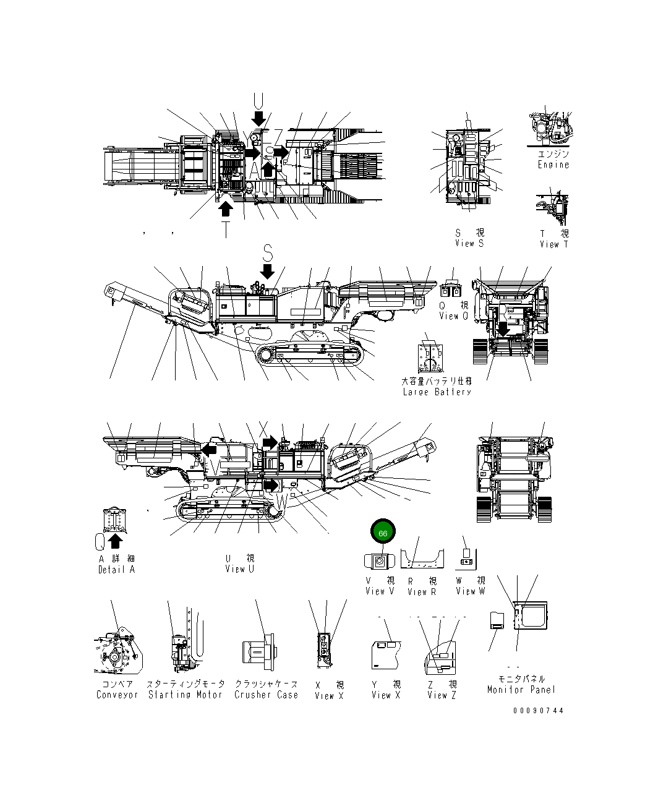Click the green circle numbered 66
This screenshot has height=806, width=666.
[382, 532]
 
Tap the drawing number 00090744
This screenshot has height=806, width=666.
[538, 710]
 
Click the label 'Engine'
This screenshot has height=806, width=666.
[553, 165]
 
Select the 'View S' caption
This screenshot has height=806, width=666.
[469, 244]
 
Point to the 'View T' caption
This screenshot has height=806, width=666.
[553, 244]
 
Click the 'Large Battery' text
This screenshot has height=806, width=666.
[437, 392]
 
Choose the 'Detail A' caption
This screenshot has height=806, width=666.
[116, 570]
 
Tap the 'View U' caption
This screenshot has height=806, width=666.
[239, 569]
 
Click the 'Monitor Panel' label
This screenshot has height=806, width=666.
[521, 690]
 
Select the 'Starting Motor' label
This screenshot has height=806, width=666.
[185, 695]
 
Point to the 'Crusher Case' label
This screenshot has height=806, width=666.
[266, 695]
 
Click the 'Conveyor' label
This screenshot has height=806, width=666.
[117, 695]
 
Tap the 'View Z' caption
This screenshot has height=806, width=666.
[442, 695]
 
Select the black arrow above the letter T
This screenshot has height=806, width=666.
[226, 209]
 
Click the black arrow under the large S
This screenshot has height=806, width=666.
[267, 271]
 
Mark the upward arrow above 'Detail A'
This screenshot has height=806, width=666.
[115, 541]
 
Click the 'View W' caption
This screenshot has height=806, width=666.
[470, 591]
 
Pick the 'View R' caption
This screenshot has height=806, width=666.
[422, 592]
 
